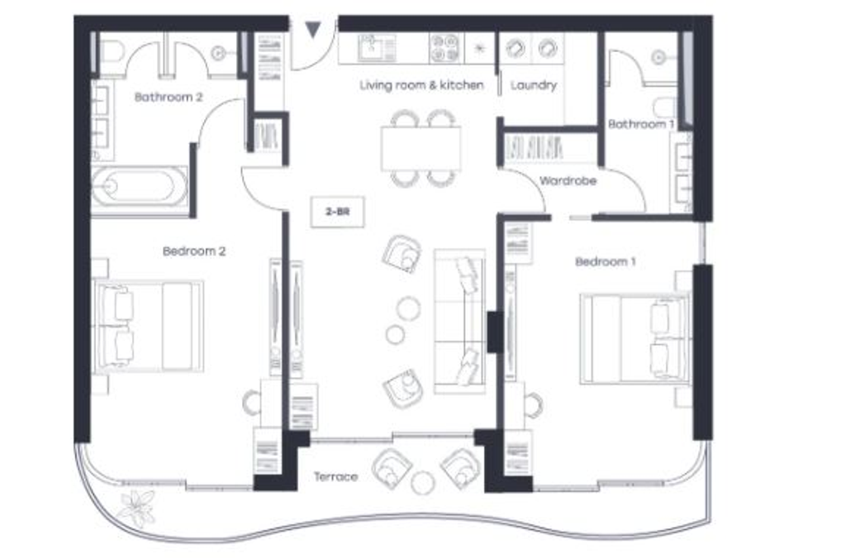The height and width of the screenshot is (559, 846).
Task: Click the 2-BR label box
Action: coord(338,213)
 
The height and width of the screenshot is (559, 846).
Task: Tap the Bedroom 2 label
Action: coord(194,251)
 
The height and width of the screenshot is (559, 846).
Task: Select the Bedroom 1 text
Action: coord(606,262)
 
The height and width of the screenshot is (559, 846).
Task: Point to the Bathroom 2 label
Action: coord(169,98)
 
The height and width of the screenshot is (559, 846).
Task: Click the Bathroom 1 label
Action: coord(641,124)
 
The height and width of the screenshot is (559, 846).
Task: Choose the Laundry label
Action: coord(534,85)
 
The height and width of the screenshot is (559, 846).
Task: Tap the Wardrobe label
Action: coord(568,181)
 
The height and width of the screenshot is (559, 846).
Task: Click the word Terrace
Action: coord(336,476)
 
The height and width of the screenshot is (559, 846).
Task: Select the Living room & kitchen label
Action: coord(421,85)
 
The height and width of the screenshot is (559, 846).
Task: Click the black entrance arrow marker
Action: coord(313,30)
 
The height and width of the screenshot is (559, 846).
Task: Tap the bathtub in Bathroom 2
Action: coord(140,186)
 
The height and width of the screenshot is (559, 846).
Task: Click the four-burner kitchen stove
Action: coord(445,48)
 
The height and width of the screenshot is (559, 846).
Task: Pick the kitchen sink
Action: coord(377,48)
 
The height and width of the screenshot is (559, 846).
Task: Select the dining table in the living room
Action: coord(421,149)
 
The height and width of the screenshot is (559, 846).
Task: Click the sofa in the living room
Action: coord(459,322)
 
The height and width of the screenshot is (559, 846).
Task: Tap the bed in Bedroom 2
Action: coord(149,326)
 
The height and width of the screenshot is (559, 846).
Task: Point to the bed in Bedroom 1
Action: coord(635,339)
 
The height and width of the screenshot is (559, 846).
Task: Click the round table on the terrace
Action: coord(423,482)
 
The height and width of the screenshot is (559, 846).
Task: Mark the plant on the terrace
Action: coord(136,509)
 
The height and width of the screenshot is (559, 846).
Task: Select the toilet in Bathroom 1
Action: coord(665,107)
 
